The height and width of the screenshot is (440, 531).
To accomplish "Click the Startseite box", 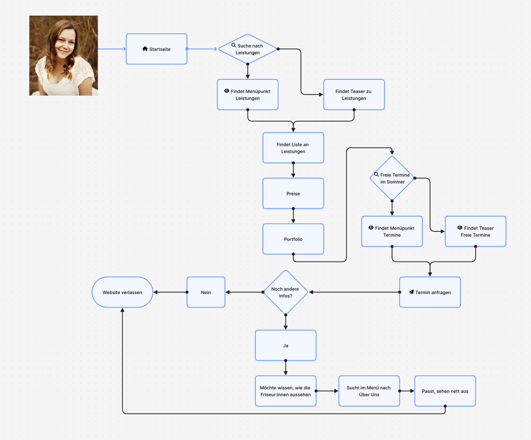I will pyautogui.click(x=156, y=49).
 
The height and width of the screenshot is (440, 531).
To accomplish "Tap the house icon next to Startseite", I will pyautogui.click(x=145, y=49).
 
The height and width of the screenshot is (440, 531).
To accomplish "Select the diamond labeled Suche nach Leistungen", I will pyautogui.click(x=248, y=49).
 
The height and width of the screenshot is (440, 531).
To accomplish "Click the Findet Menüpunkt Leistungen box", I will pyautogui.click(x=248, y=94).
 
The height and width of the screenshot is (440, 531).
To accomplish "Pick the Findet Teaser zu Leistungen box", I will pyautogui.click(x=354, y=94).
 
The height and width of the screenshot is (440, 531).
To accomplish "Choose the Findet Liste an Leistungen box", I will pyautogui.click(x=293, y=148).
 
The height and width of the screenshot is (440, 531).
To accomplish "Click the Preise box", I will pyautogui.click(x=293, y=194).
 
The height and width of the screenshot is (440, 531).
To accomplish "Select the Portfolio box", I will pyautogui.click(x=293, y=239).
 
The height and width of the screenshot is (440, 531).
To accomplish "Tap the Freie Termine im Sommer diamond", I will pyautogui.click(x=392, y=178).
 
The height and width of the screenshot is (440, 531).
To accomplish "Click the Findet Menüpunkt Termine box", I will pyautogui.click(x=392, y=231).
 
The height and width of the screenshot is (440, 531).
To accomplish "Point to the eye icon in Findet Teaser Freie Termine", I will pyautogui.click(x=460, y=228).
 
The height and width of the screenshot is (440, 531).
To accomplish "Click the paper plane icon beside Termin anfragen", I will pyautogui.click(x=411, y=292).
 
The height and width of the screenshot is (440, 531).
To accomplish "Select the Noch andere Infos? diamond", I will pyautogui.click(x=285, y=292).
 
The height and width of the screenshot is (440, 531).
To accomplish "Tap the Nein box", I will pyautogui.click(x=206, y=292).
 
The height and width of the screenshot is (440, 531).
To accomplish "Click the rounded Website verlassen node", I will pyautogui.click(x=122, y=292).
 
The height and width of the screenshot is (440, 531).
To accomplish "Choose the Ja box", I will pyautogui.click(x=285, y=346).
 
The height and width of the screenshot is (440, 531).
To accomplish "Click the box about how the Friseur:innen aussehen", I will pyautogui.click(x=285, y=391).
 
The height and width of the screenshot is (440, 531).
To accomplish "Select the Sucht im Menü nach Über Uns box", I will pyautogui.click(x=369, y=391).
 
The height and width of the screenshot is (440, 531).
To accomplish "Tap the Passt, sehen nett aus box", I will pyautogui.click(x=445, y=391).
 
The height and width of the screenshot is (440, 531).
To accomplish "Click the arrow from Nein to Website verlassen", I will pyautogui.click(x=170, y=292).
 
